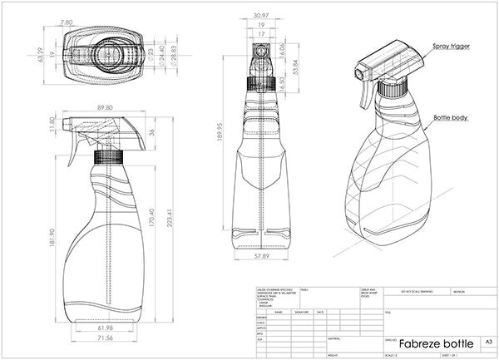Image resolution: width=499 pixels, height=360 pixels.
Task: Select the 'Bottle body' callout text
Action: tap(449, 118)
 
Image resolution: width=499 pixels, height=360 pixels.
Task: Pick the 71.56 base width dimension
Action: tap(104, 339)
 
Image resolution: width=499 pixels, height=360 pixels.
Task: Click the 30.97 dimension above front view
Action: tap(264, 16)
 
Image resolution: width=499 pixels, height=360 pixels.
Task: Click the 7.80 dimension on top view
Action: tap(67, 11)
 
